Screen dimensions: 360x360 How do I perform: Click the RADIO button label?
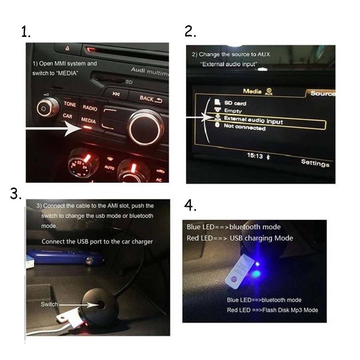pyautogui.click(x=90, y=108)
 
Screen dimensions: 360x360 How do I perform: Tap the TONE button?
pyautogui.click(x=70, y=104)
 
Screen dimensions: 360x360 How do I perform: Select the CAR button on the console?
pyautogui.click(x=68, y=116)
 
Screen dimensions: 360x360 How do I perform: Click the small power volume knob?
pyautogui.click(x=47, y=108)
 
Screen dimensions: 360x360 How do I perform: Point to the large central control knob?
pyautogui.click(x=146, y=128)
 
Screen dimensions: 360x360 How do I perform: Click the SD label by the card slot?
pyautogui.click(x=129, y=82)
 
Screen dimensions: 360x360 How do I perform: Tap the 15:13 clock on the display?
pyautogui.click(x=255, y=156)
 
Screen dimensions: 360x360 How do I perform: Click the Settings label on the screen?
pyautogui.click(x=315, y=163)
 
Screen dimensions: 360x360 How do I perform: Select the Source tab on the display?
pyautogui.click(x=322, y=93)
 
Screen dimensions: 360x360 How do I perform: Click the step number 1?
pyautogui.click(x=26, y=32)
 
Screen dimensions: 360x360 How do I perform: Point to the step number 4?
pyautogui.click(x=190, y=205)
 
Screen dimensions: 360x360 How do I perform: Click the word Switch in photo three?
pyautogui.click(x=49, y=304)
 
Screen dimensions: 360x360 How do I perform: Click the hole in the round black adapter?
pyautogui.click(x=101, y=305)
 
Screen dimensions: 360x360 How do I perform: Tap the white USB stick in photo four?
pyautogui.click(x=240, y=272)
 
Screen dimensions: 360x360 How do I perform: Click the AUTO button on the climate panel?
pyautogui.click(x=109, y=168)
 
